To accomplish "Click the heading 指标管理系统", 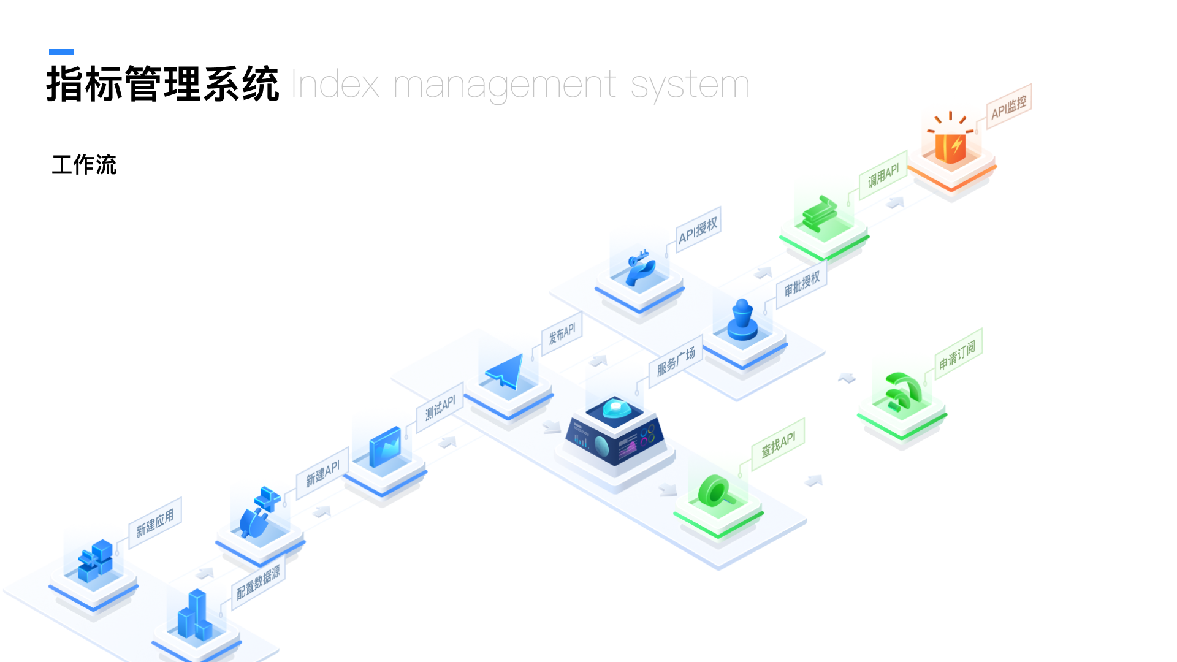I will (162, 84).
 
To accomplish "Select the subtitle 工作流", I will (84, 165).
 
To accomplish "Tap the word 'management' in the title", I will (504, 85).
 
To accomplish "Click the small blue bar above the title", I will (61, 52).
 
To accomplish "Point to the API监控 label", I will (1008, 107).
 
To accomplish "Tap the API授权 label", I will (698, 230).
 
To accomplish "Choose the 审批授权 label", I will (801, 284).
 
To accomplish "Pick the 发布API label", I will (562, 334).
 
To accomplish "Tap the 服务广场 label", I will (676, 362).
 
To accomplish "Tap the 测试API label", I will (440, 408).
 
